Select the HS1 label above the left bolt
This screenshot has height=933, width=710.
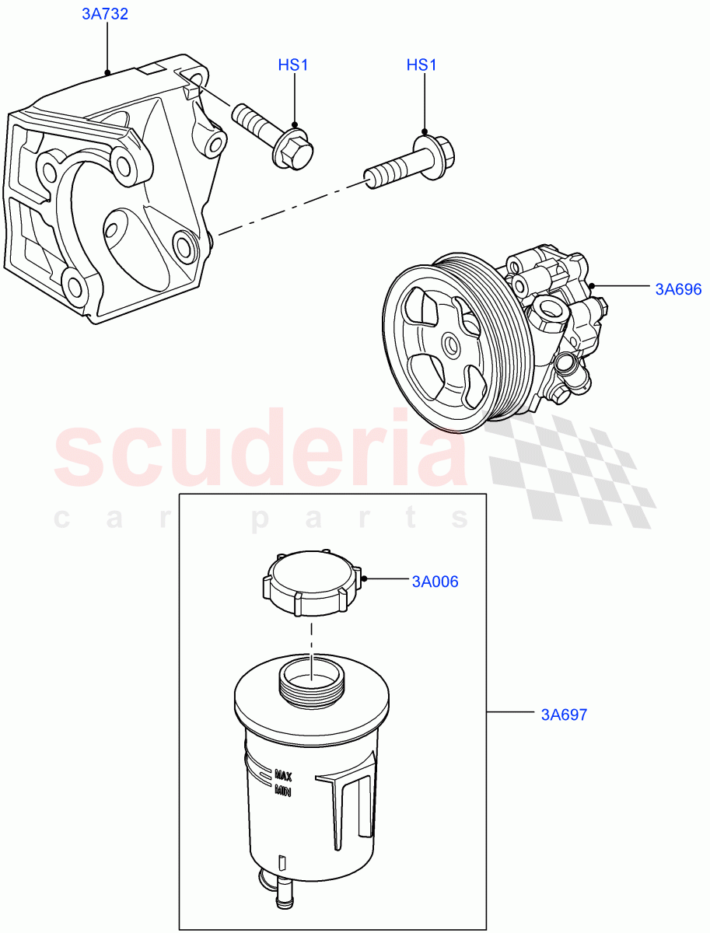point(293,65)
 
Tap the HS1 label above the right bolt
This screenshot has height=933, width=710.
point(421,65)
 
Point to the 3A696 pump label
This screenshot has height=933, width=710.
point(678,290)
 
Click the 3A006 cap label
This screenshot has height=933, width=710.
point(435,581)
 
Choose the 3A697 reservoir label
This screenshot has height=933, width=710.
point(564,715)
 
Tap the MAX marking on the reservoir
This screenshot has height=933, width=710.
point(282,775)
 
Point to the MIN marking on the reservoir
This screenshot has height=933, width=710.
point(282,790)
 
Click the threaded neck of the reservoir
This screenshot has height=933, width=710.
point(311,670)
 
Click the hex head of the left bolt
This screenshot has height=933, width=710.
point(293,150)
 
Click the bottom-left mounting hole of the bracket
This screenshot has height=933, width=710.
point(73,288)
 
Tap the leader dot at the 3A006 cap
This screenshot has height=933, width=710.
point(364,578)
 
